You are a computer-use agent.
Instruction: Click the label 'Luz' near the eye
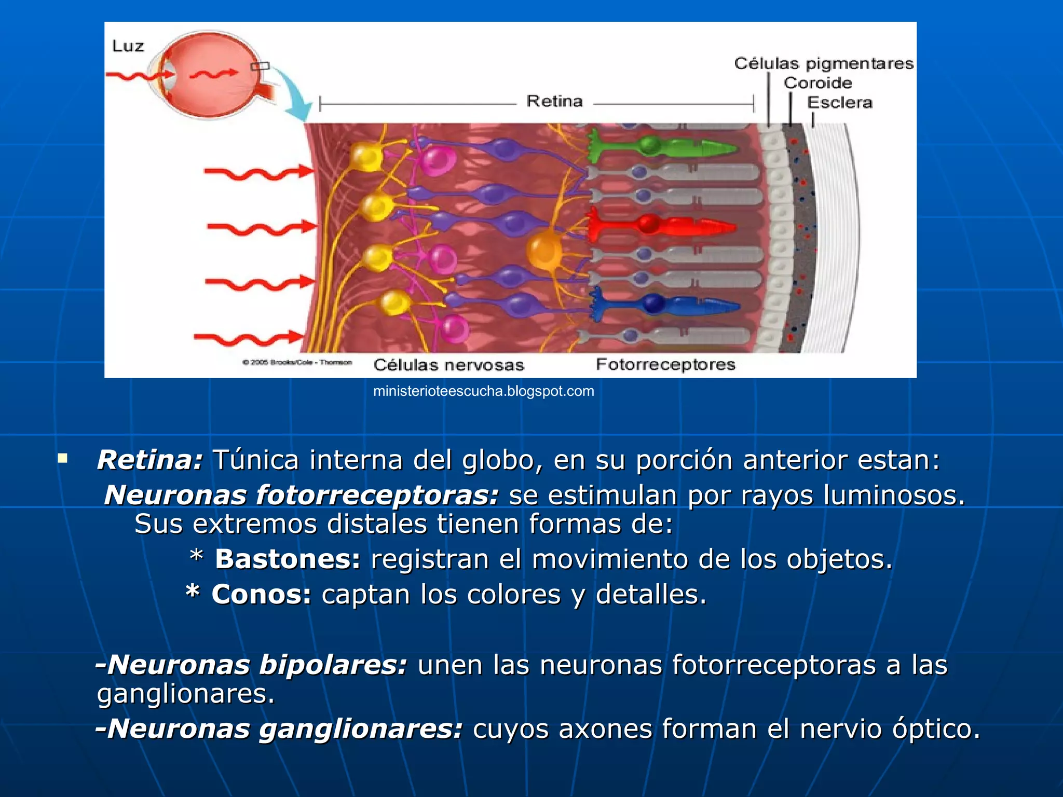point(128,46)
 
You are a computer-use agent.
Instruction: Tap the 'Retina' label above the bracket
point(554,101)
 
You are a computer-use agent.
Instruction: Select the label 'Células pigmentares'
point(823,63)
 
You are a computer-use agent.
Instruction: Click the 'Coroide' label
point(817,83)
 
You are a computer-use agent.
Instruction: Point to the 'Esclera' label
point(839,102)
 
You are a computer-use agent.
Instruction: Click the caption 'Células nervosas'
point(448,365)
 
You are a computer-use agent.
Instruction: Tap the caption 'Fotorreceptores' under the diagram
point(665,364)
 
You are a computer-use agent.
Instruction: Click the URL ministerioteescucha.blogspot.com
point(483,391)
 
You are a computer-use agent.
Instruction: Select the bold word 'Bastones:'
point(288,559)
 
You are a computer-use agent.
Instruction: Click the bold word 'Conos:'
point(261,595)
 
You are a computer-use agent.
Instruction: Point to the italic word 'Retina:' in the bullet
point(150,460)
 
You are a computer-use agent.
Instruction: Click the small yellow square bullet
point(63,458)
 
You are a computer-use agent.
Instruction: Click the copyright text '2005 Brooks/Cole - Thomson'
point(297,362)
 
